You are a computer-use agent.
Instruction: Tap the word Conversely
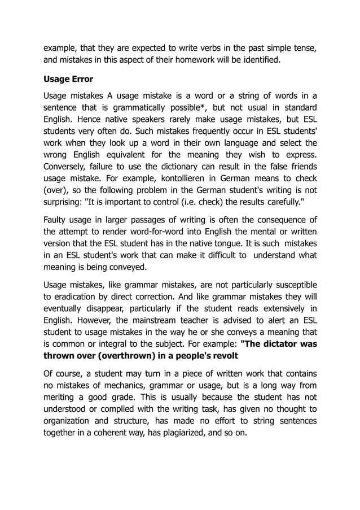[68, 167]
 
